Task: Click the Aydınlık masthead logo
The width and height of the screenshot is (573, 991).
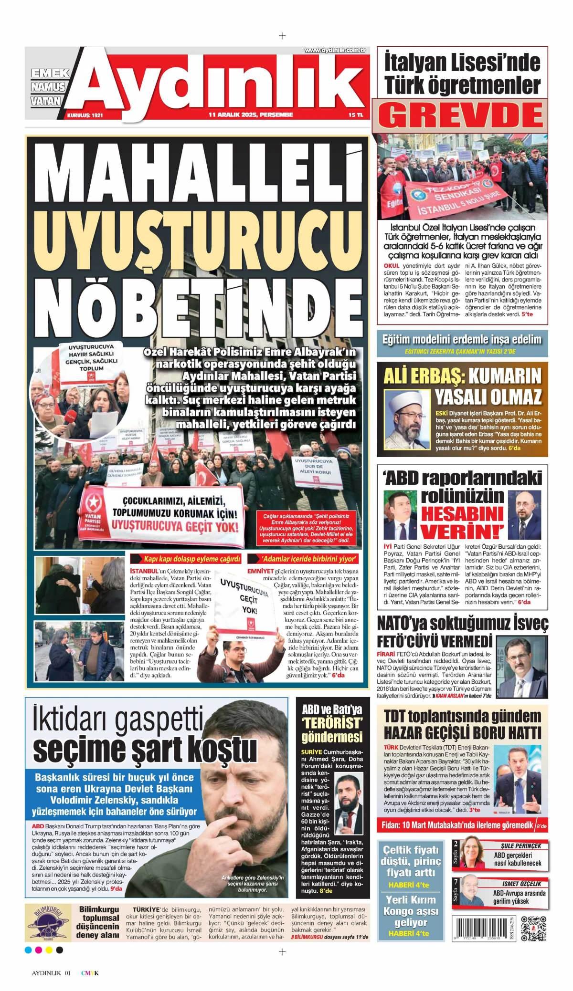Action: [x=220, y=81]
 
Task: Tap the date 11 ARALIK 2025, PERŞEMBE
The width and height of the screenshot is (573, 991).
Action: [x=251, y=115]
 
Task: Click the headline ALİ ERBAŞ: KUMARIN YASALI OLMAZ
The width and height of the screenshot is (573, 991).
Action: [x=463, y=387]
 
